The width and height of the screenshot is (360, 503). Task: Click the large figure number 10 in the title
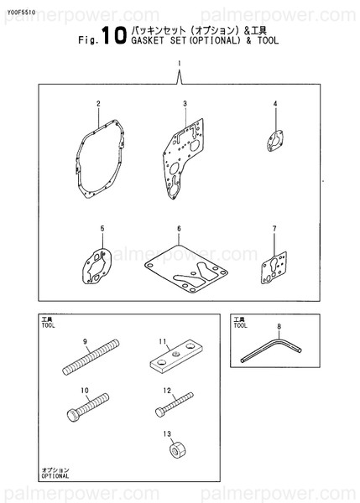click(114, 35)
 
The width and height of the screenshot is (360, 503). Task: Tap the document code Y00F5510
click(20, 13)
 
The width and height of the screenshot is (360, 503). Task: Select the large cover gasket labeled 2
click(100, 158)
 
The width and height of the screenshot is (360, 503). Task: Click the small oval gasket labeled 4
click(275, 141)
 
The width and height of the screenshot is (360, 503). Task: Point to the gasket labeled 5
click(97, 267)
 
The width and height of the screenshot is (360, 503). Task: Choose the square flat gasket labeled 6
click(186, 269)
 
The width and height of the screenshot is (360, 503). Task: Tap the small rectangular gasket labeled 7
click(274, 268)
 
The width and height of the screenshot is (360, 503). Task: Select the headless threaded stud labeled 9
click(91, 357)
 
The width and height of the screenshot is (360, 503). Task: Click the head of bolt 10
click(74, 416)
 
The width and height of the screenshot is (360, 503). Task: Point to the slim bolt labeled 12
click(174, 405)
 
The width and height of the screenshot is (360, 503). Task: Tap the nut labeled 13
click(177, 450)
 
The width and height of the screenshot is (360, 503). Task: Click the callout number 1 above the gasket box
click(180, 64)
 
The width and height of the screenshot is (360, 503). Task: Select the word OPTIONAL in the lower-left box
click(55, 476)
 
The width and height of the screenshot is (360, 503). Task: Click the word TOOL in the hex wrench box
click(241, 325)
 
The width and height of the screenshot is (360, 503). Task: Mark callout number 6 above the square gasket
click(179, 228)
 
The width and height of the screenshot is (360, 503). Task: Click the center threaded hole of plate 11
click(175, 354)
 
